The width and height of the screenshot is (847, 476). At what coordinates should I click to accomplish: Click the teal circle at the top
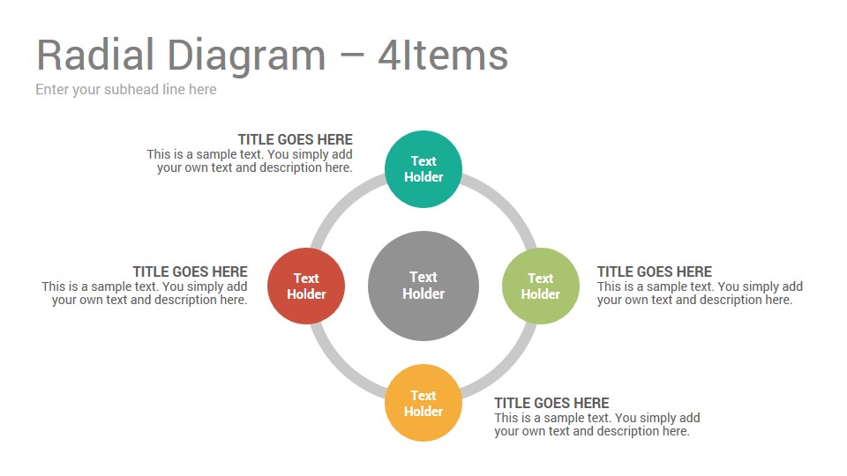[423, 169]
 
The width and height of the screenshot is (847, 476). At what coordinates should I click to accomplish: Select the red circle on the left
[306, 286]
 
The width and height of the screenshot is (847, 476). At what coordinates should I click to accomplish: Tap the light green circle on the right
[541, 286]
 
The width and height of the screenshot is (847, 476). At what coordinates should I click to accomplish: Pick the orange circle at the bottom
[423, 403]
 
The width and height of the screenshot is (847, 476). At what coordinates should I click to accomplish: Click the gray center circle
[423, 286]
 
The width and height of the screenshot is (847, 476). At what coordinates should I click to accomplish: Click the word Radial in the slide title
[95, 55]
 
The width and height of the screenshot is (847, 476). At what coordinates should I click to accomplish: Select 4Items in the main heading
[443, 55]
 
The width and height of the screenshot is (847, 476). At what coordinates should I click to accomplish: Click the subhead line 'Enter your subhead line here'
[126, 90]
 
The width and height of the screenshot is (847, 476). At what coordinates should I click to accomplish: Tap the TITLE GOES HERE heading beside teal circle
[296, 140]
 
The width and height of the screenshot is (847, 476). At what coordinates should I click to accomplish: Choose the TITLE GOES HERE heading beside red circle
[191, 271]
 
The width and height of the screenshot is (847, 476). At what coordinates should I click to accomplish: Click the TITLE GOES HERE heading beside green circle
[654, 271]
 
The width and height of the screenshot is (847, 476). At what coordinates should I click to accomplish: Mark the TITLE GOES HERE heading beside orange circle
[551, 403]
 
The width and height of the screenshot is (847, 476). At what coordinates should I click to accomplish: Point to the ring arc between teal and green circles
[506, 204]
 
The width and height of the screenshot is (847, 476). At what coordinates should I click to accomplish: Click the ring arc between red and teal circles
[341, 204]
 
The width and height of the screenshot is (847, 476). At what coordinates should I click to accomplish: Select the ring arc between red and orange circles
[341, 368]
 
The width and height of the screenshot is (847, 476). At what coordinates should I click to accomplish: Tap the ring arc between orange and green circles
[506, 368]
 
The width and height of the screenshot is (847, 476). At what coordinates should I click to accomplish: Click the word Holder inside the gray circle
[423, 294]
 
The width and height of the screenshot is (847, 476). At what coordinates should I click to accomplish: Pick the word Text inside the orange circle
[423, 396]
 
